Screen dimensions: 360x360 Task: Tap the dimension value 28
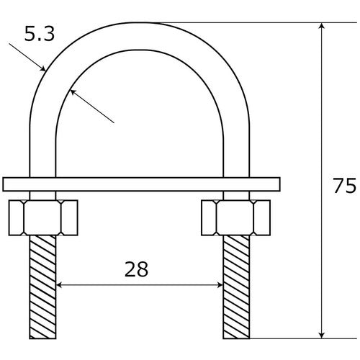(x=136, y=269)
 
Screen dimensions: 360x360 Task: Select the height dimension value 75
(x=344, y=186)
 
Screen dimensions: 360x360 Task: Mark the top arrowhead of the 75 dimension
(x=321, y=27)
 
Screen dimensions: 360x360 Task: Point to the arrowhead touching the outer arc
(x=44, y=69)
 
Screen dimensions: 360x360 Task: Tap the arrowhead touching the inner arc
(x=74, y=91)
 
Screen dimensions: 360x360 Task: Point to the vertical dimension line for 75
(x=321, y=130)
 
